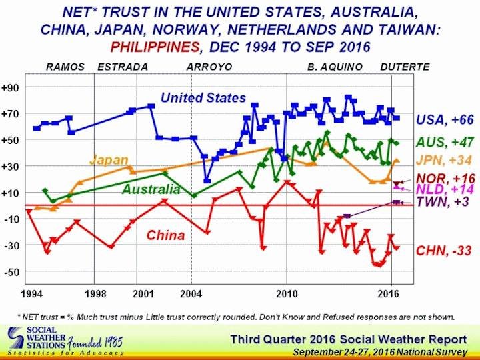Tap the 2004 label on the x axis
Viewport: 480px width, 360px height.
point(191,293)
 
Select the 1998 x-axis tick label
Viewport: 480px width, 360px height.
point(95,293)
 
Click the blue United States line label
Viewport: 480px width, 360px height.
point(203,98)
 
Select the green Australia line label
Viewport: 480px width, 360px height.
point(151,189)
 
